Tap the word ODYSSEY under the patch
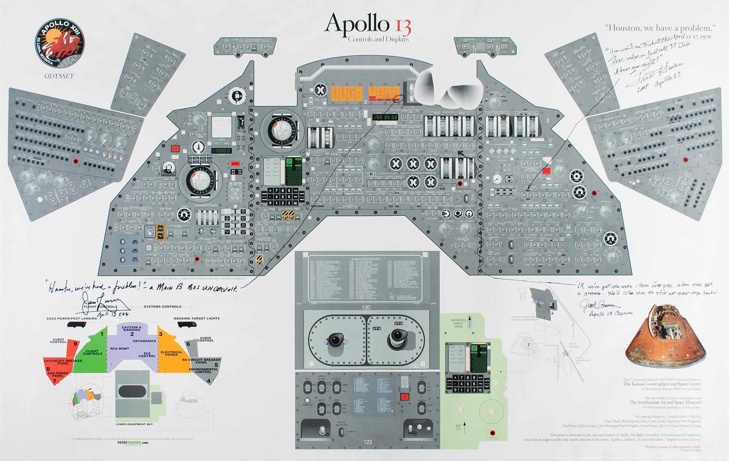tap(59, 76)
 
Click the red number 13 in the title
tap(403, 28)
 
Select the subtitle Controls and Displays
tap(378, 39)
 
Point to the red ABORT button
tap(235, 164)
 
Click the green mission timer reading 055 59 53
tap(385, 117)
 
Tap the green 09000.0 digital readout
tap(221, 150)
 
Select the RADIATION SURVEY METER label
tap(458, 323)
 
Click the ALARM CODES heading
tap(366, 259)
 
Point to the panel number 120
tap(366, 307)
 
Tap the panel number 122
tap(368, 442)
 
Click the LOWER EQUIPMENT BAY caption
tap(134, 424)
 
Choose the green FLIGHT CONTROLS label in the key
tap(92, 352)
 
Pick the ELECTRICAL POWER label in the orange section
tap(171, 353)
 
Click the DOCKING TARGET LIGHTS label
tap(196, 318)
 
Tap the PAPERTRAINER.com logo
tap(133, 443)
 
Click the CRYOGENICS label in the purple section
tap(144, 341)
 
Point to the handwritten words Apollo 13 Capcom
tap(611, 314)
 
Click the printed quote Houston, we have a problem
tap(660, 28)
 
